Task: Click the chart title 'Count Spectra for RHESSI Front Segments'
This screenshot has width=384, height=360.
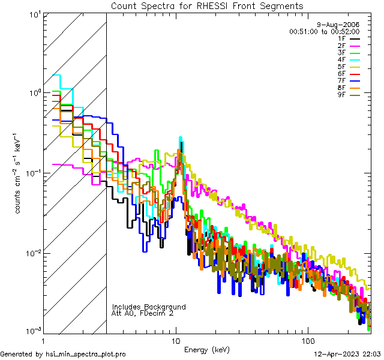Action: pos(207,5)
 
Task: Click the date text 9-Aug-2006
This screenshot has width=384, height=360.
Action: pos(338,25)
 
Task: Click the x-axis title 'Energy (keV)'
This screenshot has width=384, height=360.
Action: pos(207,349)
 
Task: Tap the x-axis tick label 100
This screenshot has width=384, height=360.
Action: pos(307,340)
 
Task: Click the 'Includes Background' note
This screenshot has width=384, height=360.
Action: pos(149,307)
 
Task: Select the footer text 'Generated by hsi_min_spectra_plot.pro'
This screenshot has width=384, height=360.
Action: pos(63,355)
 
